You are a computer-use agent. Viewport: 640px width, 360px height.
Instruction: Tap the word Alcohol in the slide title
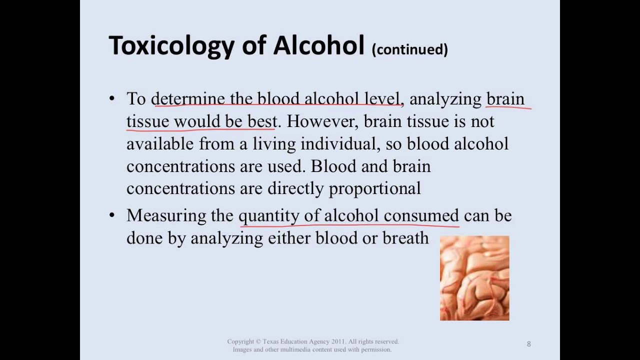pyautogui.click(x=318, y=45)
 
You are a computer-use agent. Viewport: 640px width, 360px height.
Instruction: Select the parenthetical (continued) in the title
pyautogui.click(x=409, y=49)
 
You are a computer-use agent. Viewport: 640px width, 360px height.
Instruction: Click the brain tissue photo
pyautogui.click(x=474, y=278)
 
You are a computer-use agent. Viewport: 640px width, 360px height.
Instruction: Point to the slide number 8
pyautogui.click(x=528, y=344)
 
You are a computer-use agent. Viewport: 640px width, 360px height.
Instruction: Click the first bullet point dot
pyautogui.click(x=111, y=98)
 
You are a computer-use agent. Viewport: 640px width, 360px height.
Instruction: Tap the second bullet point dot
pyautogui.click(x=111, y=215)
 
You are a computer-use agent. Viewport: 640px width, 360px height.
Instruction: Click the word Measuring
pyautogui.click(x=165, y=216)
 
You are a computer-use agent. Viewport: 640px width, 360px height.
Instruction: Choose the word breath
pyautogui.click(x=405, y=238)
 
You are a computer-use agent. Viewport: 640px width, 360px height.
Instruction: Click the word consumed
pyautogui.click(x=421, y=216)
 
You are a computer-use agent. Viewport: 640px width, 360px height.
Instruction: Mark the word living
pyautogui.click(x=274, y=144)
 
